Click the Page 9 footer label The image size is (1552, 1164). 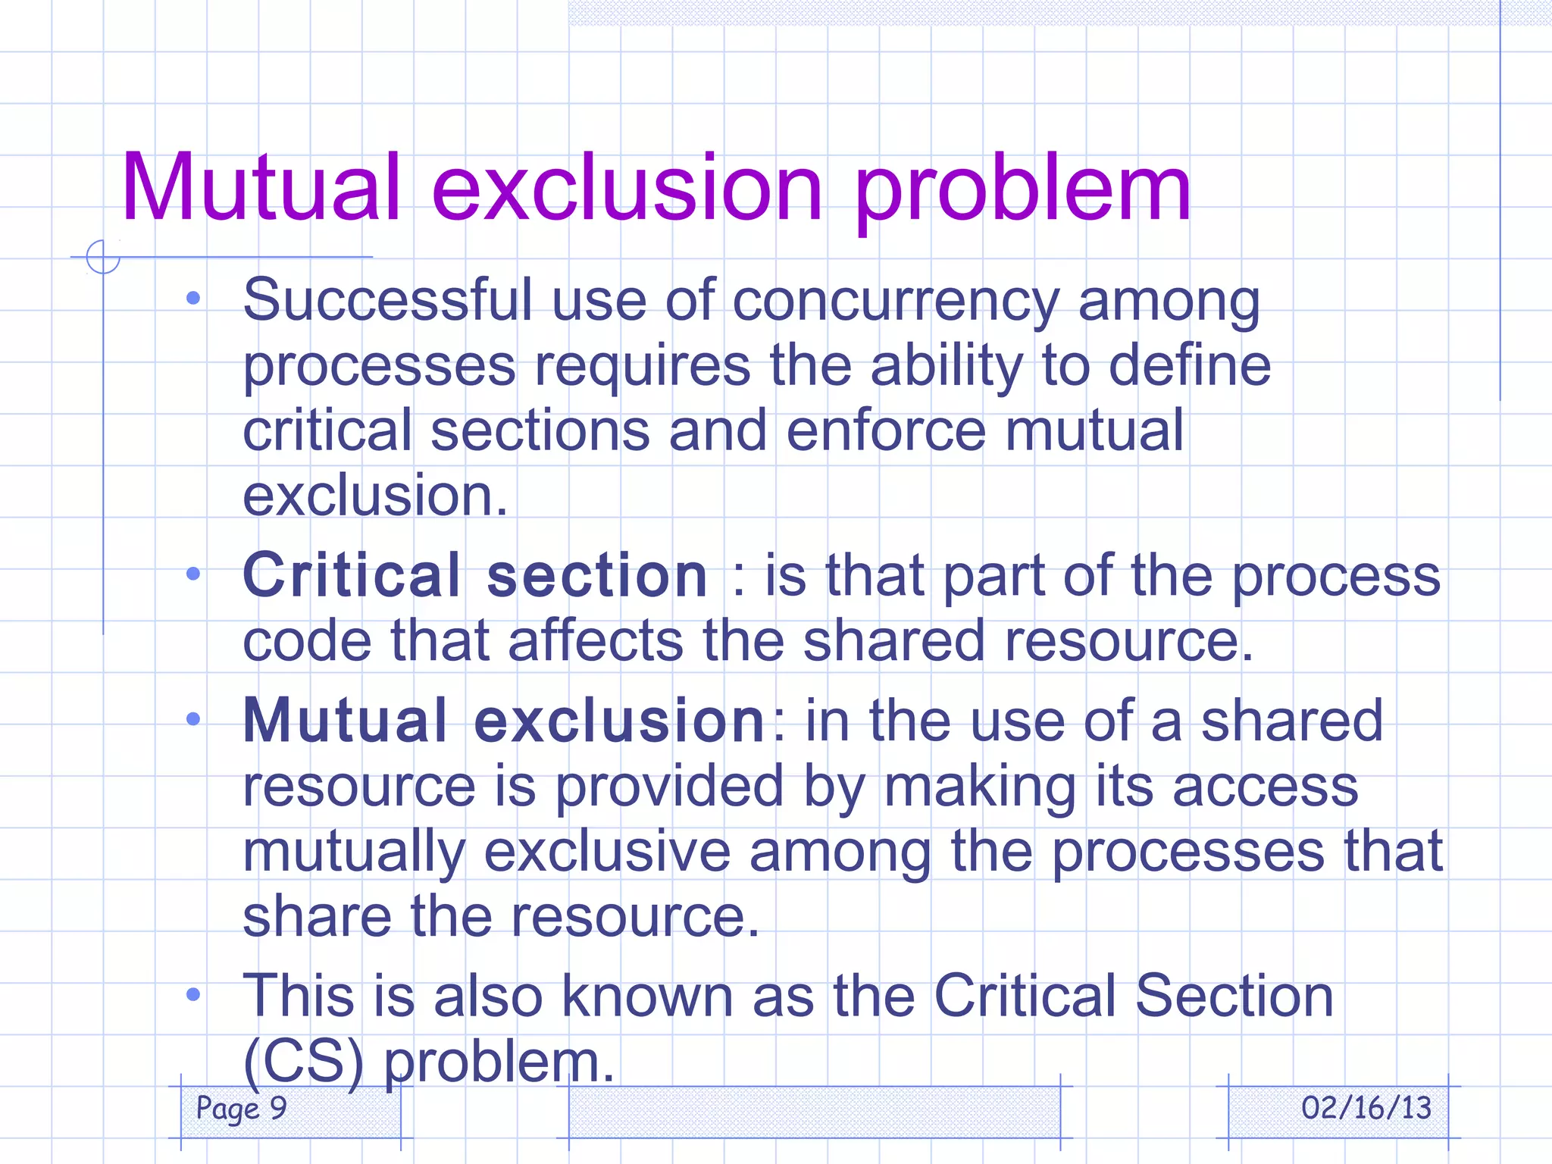(241, 1108)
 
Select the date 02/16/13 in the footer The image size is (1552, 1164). (1366, 1108)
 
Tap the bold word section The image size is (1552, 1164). (597, 576)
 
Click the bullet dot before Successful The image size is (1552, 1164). (193, 299)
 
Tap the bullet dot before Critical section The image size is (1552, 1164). (193, 574)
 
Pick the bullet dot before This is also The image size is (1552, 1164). (193, 993)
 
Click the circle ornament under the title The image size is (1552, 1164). (103, 257)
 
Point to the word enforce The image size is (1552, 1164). (886, 430)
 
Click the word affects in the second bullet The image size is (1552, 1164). (596, 641)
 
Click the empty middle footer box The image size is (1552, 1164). (814, 1111)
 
